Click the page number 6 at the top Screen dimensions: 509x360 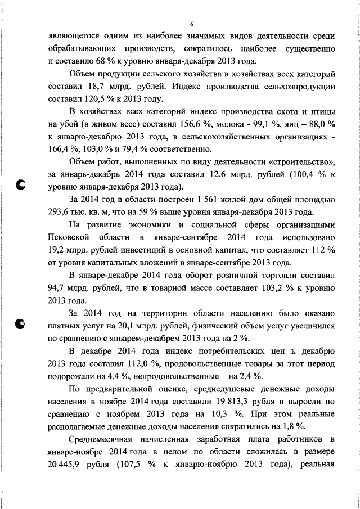click(192, 25)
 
